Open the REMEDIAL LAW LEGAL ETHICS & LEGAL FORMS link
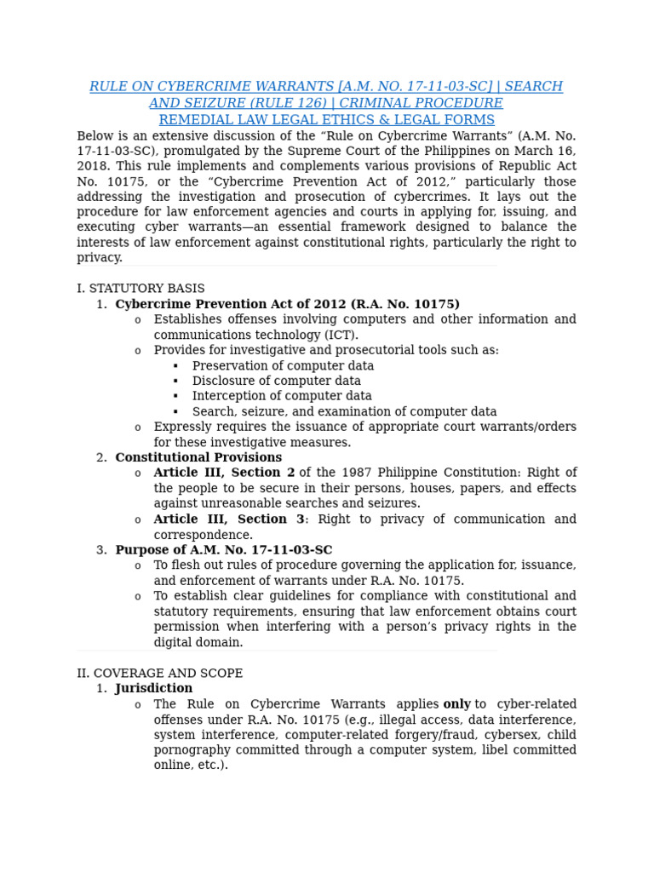(x=326, y=120)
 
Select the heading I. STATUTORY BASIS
(x=141, y=289)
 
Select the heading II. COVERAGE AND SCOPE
(x=159, y=674)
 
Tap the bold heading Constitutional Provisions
(x=198, y=458)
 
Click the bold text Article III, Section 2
(x=224, y=473)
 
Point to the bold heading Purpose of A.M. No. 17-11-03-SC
(x=224, y=550)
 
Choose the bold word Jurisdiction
(x=154, y=689)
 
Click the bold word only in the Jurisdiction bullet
(x=456, y=705)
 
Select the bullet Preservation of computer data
(x=283, y=366)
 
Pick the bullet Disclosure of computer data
(x=276, y=381)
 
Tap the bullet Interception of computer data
(x=282, y=397)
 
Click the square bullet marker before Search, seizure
(x=175, y=412)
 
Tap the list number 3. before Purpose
(x=101, y=550)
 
